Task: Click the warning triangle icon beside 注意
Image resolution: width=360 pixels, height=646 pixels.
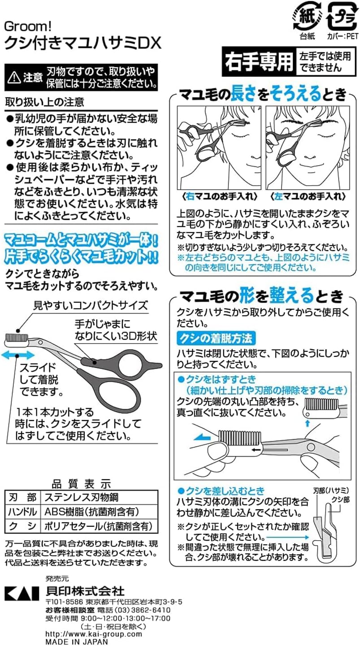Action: (x=13, y=77)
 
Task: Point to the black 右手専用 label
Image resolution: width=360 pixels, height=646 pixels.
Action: (x=259, y=62)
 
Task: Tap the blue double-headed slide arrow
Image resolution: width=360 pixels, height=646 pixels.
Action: (x=18, y=356)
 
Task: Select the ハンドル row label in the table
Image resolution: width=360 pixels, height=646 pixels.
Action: (x=22, y=512)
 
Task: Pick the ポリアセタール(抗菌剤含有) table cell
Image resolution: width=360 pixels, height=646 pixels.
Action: (x=98, y=526)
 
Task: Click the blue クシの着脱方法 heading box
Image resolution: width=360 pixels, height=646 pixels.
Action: (x=216, y=338)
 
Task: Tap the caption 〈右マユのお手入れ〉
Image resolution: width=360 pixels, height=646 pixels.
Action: (x=220, y=197)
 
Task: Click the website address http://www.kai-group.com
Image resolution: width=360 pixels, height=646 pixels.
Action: (x=93, y=634)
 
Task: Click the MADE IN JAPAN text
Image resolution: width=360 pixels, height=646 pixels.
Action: (x=77, y=642)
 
